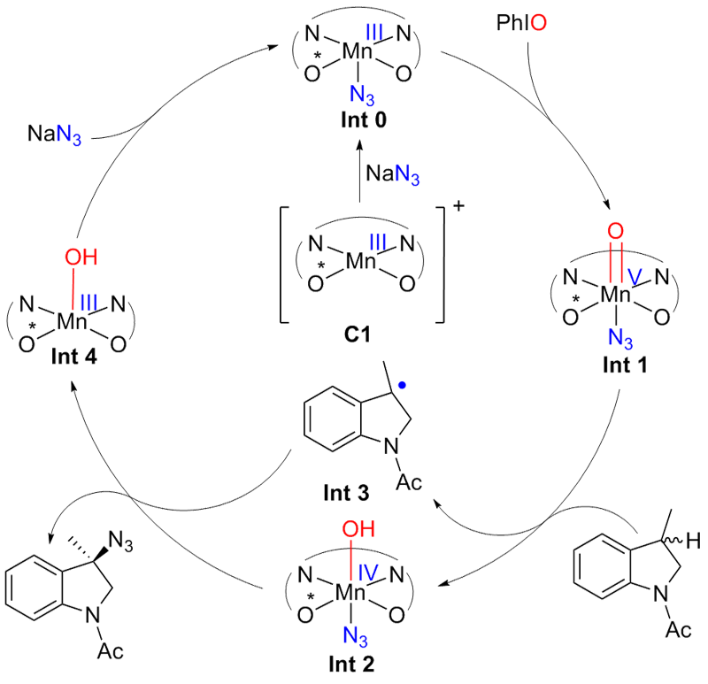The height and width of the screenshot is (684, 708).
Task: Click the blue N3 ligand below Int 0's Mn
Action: point(360,93)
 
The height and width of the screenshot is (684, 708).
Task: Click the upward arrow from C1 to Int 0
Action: point(360,169)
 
